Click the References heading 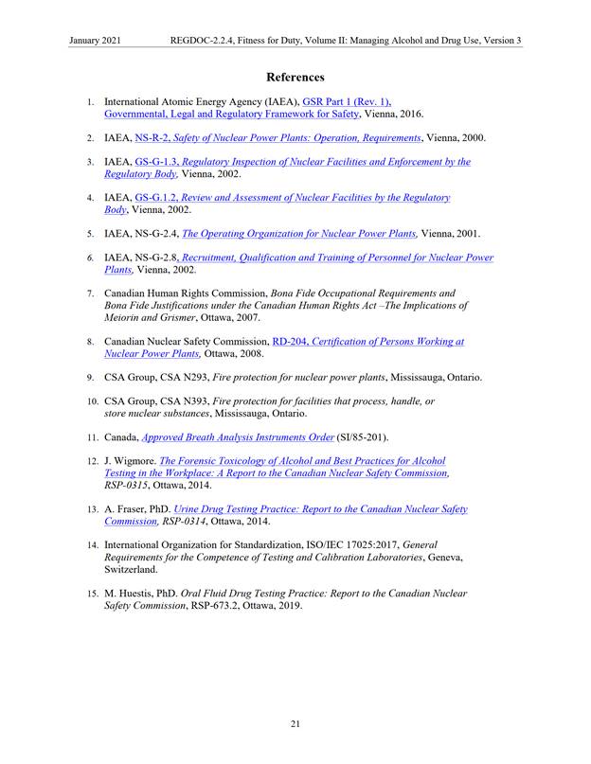coord(295,77)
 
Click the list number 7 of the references coord(90,293)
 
